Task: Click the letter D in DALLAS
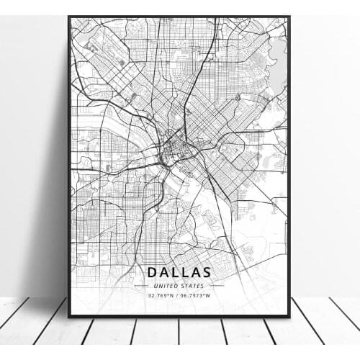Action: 152,272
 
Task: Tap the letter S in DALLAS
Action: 207,272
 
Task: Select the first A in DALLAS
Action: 163,272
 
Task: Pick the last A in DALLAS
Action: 196,272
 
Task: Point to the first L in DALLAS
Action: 175,272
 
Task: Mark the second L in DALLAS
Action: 185,272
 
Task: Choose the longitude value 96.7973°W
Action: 196,294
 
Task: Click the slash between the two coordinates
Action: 179,294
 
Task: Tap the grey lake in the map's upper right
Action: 277,54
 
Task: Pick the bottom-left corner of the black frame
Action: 69,316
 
